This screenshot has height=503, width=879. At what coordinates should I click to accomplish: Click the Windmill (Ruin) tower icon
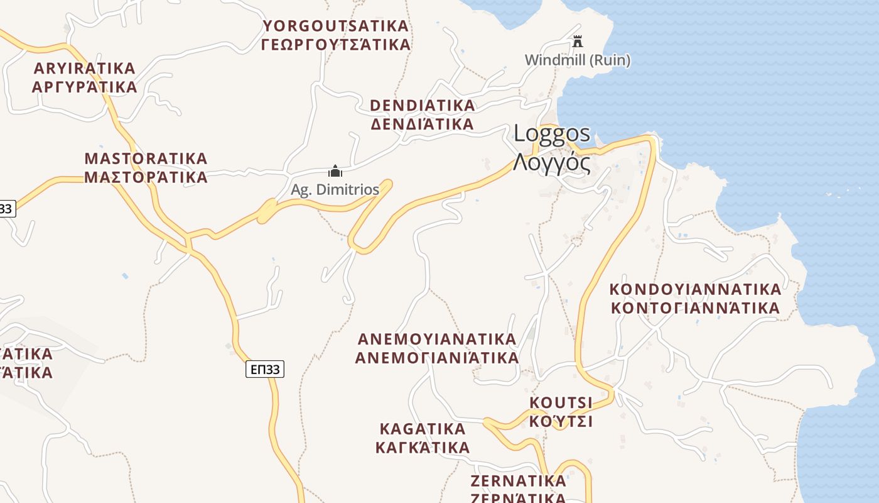click(x=578, y=42)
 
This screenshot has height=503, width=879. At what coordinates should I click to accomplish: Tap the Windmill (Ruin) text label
click(x=578, y=60)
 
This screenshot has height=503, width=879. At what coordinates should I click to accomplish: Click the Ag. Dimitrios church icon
click(x=335, y=171)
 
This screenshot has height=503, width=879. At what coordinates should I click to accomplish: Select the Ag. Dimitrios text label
click(x=335, y=189)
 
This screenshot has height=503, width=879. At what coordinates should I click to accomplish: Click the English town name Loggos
click(x=552, y=133)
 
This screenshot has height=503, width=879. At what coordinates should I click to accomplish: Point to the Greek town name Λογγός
click(x=552, y=162)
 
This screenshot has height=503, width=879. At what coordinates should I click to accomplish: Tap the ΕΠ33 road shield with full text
click(x=264, y=369)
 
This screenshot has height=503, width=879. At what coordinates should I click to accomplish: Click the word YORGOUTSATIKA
click(x=336, y=26)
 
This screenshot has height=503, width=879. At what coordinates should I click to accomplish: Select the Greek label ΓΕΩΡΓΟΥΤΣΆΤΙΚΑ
click(x=336, y=45)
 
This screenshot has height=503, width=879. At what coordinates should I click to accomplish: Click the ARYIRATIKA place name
click(x=85, y=68)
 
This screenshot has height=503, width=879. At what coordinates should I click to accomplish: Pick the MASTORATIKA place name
click(x=146, y=158)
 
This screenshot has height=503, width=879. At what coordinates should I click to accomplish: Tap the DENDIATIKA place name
click(x=423, y=105)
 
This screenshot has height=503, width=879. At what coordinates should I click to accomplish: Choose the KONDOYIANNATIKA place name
click(x=696, y=289)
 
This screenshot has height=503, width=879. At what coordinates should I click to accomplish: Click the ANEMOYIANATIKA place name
click(x=437, y=339)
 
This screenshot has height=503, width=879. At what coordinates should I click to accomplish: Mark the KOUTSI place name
click(x=561, y=402)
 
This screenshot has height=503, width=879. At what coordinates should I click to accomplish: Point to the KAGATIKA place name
click(x=423, y=429)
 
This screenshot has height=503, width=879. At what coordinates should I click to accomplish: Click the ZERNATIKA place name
click(x=519, y=481)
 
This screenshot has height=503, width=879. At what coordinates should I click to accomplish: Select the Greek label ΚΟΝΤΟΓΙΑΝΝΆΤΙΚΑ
click(x=696, y=308)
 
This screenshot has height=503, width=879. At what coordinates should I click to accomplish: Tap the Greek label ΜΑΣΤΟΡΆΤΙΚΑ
click(x=146, y=177)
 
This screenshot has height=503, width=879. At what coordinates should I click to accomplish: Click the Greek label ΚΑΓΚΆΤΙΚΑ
click(x=423, y=448)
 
